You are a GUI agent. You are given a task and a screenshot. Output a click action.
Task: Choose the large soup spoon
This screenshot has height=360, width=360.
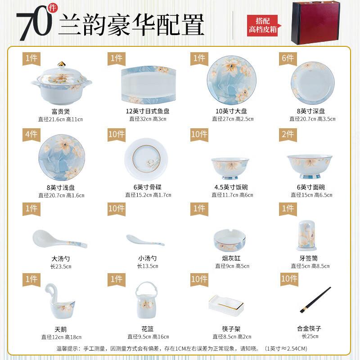coord(59,240)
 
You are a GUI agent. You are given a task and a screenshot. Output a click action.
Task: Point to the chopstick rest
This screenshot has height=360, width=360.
coord(229,305)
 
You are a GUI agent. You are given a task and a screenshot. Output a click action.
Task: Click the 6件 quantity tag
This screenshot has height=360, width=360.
coord(287,58)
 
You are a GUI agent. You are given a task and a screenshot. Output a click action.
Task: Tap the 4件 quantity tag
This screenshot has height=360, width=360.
coord(31,134)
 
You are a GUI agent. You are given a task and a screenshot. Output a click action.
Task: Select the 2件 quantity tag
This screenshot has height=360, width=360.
coord(287,134)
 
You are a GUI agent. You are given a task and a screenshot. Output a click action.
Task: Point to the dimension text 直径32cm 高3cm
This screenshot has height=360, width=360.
coord(148,119)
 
